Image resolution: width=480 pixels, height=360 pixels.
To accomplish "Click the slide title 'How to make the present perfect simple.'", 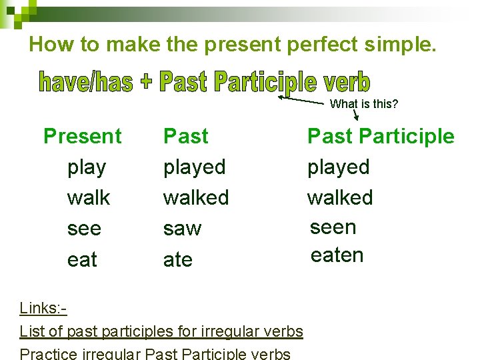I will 233,45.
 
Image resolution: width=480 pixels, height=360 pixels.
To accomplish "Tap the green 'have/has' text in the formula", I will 86,82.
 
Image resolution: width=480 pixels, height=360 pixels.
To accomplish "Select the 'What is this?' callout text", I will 363,104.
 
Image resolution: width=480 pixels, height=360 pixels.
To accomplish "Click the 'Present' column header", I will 83,137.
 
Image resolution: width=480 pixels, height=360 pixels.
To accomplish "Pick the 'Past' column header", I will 186,137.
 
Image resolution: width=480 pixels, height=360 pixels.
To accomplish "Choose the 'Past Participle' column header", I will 380,137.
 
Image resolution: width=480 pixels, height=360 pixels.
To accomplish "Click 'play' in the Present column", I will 87,167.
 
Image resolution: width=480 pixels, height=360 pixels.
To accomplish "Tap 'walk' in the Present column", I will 89,198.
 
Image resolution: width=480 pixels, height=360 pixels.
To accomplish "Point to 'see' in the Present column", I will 84,229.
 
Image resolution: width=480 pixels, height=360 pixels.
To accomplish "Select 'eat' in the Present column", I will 82,259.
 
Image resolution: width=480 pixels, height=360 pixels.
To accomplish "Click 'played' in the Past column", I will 195,167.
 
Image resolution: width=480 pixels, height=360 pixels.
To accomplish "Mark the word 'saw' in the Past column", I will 182,229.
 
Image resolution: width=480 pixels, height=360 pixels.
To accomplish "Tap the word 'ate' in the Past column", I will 178,259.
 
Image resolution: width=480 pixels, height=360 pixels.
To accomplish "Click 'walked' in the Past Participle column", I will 340,198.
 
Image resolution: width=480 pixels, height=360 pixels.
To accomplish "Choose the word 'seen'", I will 333,227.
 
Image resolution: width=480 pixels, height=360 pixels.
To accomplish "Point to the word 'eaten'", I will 337,255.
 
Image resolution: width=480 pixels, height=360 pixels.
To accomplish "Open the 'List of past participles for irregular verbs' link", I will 161,331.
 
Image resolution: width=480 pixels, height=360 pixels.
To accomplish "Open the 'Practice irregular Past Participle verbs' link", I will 155,353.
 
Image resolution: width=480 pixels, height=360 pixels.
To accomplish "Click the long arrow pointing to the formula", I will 303,100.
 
